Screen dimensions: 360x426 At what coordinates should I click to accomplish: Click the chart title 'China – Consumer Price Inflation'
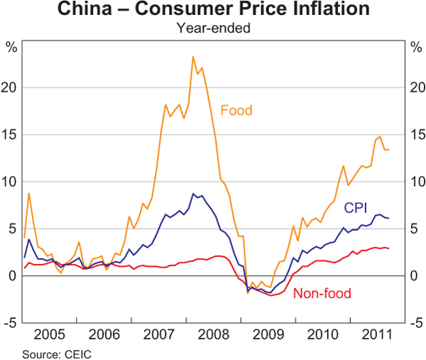click(x=212, y=11)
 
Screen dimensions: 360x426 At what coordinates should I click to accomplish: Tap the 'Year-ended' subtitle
click(x=212, y=28)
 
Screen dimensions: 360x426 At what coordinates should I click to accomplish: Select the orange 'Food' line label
click(x=236, y=110)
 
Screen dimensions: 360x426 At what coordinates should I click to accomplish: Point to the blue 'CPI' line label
click(x=355, y=207)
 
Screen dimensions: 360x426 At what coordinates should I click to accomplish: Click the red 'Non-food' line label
click(x=322, y=293)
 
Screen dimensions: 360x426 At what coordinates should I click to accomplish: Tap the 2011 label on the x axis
click(x=376, y=334)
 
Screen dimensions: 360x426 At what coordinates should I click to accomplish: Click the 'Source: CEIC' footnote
click(x=57, y=353)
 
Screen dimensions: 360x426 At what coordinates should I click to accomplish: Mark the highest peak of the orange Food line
click(x=193, y=57)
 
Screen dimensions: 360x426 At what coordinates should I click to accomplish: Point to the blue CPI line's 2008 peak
click(x=193, y=193)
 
